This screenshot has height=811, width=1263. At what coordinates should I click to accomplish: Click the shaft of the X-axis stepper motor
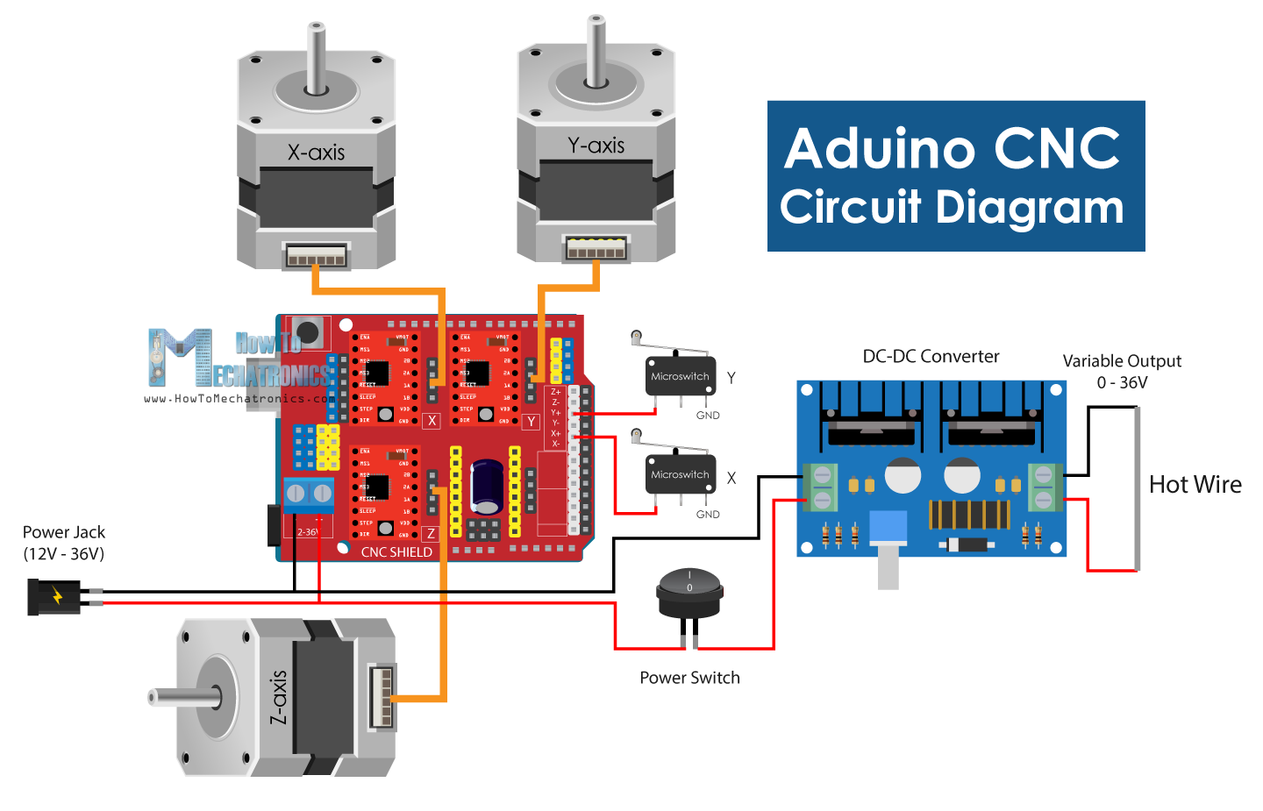click(316, 57)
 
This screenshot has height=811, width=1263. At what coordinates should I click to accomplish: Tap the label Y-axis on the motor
click(596, 146)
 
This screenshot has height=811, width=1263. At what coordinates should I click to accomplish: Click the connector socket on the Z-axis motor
click(382, 696)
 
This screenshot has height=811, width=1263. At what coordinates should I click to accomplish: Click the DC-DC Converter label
click(931, 357)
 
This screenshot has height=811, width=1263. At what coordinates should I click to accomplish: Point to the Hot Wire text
click(1195, 485)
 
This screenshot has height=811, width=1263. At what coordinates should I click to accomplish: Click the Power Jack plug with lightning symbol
click(54, 597)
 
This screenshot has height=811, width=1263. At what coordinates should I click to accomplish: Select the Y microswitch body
click(681, 376)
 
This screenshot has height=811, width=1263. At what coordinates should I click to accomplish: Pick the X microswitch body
click(681, 474)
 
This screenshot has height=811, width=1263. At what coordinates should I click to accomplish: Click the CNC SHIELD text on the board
click(396, 552)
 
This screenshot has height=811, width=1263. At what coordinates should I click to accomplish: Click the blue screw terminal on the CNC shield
click(309, 494)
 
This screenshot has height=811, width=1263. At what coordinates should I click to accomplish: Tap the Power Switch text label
click(689, 678)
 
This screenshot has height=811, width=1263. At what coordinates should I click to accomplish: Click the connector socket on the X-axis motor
click(316, 256)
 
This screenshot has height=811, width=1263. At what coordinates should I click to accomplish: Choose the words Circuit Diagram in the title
click(952, 208)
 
